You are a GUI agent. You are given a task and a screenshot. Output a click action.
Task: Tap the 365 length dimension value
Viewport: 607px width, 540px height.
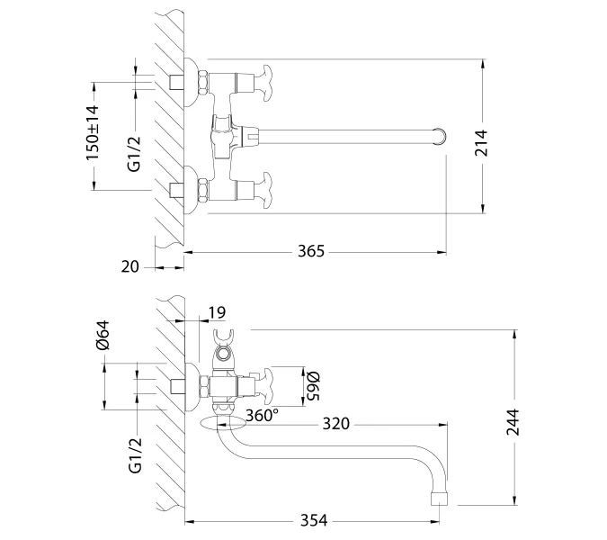tap(311, 251)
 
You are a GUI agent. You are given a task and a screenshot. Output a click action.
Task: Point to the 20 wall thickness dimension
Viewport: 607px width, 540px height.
tap(130, 266)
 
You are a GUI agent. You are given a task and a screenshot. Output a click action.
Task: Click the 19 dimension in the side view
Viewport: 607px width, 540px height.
tap(216, 313)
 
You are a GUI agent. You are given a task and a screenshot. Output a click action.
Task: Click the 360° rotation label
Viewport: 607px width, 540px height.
tap(263, 415)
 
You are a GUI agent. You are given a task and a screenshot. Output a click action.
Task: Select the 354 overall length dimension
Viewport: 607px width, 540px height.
tap(311, 520)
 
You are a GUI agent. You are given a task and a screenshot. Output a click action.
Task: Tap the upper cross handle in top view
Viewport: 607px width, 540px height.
tap(267, 79)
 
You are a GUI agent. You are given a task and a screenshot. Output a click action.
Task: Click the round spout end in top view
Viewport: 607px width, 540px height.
tap(440, 136)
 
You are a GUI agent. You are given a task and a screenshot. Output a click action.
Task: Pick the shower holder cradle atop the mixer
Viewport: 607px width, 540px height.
tap(225, 342)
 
